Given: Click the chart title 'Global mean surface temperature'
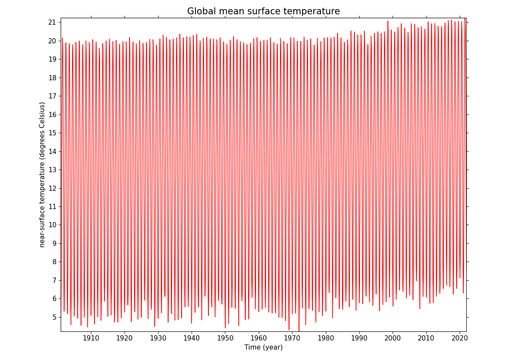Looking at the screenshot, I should (263, 12).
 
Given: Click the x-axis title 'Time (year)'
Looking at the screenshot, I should (263, 347).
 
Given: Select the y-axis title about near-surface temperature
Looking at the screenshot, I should (42, 175).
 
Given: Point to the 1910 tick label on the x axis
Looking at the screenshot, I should (91, 337).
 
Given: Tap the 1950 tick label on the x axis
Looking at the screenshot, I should (225, 337).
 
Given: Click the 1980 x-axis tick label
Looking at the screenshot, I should (326, 337).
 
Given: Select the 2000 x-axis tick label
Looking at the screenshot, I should (393, 337).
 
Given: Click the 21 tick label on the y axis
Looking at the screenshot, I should (52, 23).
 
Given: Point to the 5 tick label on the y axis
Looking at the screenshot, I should (54, 317).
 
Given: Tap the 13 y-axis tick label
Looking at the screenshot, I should (52, 170).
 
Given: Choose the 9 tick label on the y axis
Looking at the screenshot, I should (54, 243).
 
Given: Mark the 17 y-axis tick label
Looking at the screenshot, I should (52, 96).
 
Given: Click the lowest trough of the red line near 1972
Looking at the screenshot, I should (299, 331).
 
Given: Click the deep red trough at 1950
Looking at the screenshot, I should (225, 327).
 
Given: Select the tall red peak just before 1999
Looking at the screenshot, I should (388, 22).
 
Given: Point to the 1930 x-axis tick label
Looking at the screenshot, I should (158, 337).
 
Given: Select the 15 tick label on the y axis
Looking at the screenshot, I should (52, 133).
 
